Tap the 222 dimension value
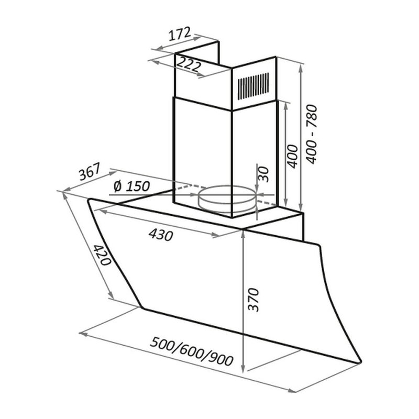(x=189, y=64)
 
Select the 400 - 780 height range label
(x=312, y=135)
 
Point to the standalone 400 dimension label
(x=293, y=157)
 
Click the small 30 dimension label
(x=263, y=174)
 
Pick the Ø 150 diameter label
(x=131, y=186)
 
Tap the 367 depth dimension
(x=90, y=171)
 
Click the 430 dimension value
(x=161, y=235)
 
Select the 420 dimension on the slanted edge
(x=102, y=255)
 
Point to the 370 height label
(x=253, y=300)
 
